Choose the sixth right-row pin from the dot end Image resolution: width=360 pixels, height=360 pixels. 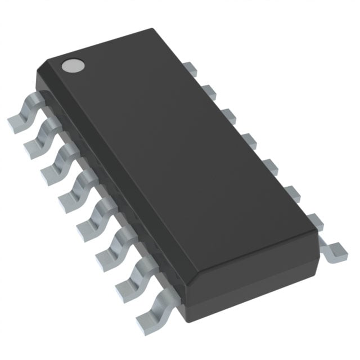point(289,192)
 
